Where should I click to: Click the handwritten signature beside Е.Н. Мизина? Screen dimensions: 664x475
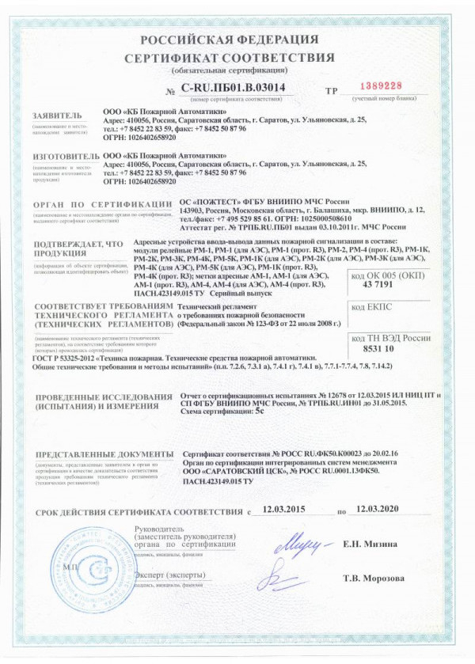coord(301,545)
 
